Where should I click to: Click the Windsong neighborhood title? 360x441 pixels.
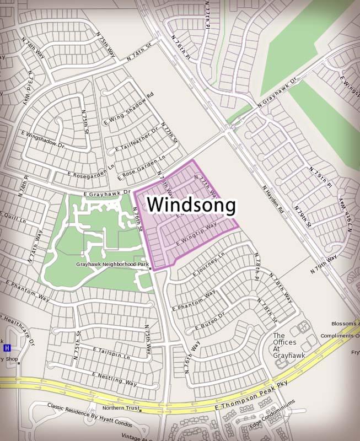[x=192, y=205]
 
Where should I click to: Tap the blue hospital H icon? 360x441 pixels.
[x=7, y=348]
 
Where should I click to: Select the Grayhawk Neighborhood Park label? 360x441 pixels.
[x=112, y=265]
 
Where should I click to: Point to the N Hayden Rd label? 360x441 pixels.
[x=273, y=198]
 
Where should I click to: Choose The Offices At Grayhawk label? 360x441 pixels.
[x=289, y=346]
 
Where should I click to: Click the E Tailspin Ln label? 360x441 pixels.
[x=111, y=353]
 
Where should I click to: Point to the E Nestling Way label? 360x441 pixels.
[x=115, y=379]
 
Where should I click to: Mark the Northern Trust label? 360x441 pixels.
[x=120, y=408]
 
